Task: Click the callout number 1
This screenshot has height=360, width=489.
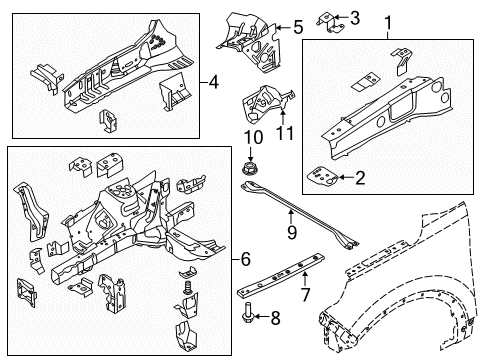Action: (388, 20)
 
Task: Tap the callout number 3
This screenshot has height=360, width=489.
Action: (356, 18)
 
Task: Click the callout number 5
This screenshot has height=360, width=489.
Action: (296, 27)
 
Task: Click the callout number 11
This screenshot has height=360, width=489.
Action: (283, 132)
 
